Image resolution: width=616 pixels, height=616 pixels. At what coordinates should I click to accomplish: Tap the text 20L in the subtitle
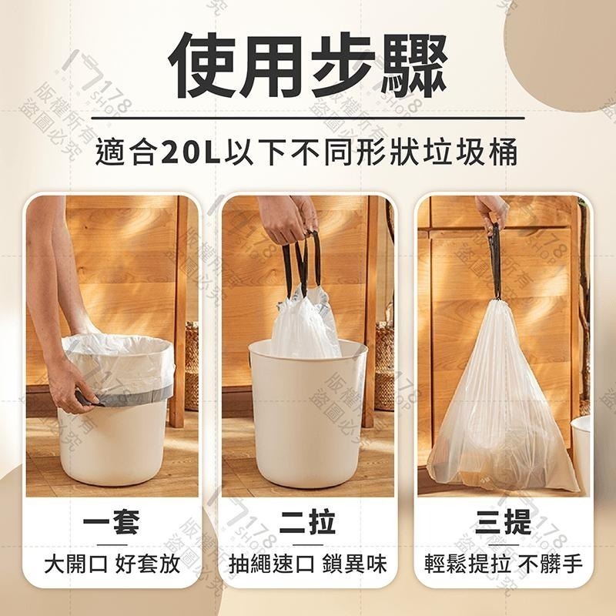(x=191, y=152)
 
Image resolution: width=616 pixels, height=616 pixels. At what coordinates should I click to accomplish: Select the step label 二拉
(x=307, y=524)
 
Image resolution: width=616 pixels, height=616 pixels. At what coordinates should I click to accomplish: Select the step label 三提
(x=504, y=524)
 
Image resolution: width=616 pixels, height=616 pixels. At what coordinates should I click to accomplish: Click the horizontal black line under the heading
(x=308, y=118)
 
